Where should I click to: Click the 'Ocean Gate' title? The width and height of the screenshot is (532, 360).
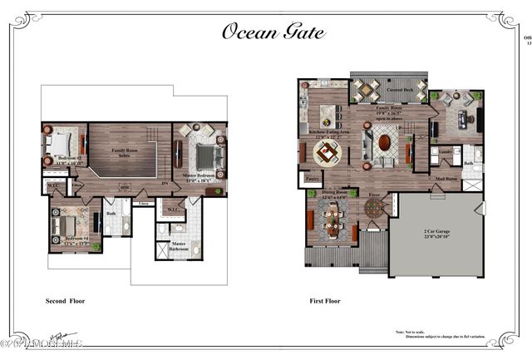(273, 32)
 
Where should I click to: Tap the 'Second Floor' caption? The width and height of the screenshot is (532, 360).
(65, 301)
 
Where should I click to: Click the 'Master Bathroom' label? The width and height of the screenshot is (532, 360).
(179, 245)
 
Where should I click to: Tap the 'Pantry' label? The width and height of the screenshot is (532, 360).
(313, 178)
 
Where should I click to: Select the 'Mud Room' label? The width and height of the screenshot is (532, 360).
(446, 178)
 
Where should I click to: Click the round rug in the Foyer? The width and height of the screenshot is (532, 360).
(375, 210)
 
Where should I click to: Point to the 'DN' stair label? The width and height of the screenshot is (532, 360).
(165, 184)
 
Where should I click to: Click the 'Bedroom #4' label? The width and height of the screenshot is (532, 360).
(75, 242)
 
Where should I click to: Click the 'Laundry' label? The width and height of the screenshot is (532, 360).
(446, 152)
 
